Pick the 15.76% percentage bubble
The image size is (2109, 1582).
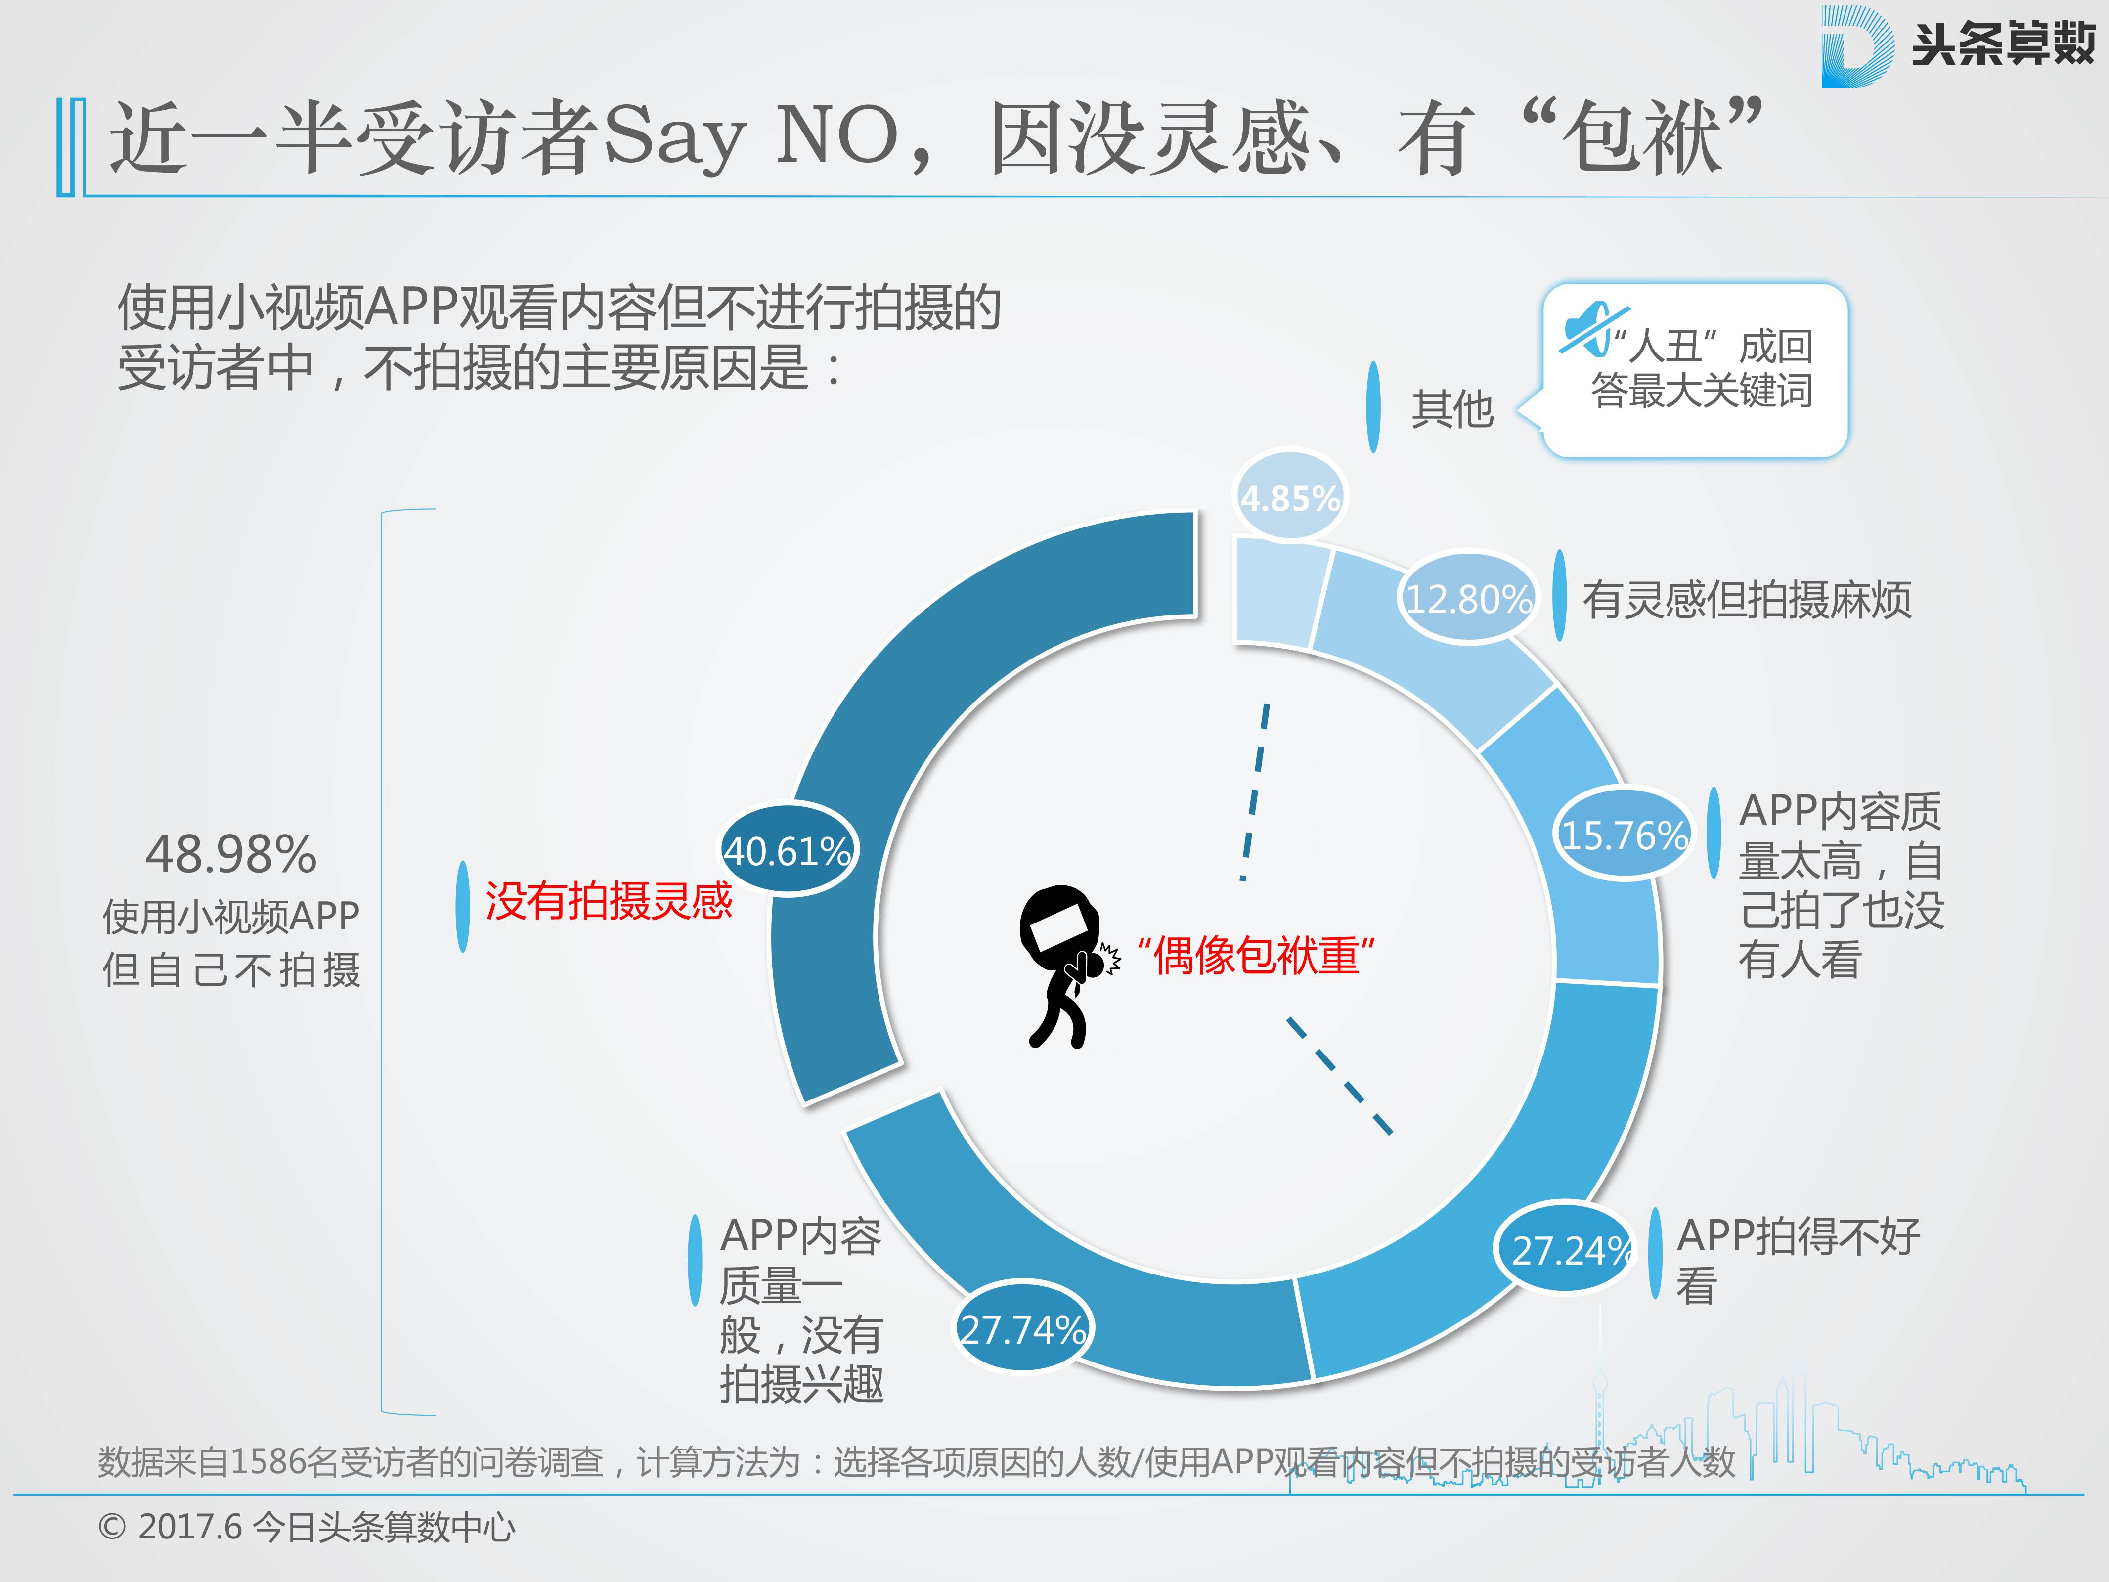[x=1624, y=835]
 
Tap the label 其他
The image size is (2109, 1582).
[x=1451, y=409]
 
